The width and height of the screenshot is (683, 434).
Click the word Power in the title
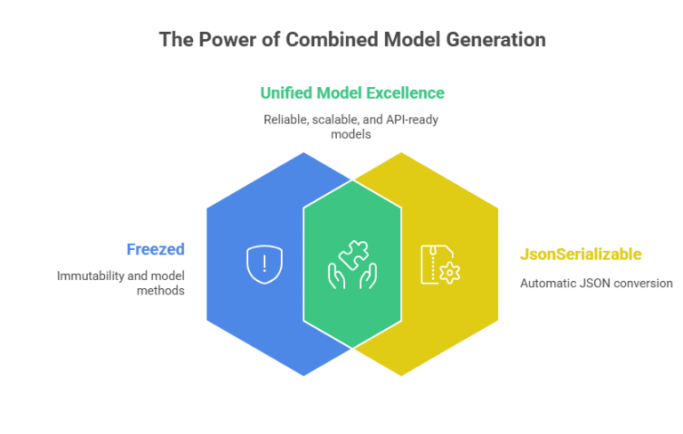point(228,40)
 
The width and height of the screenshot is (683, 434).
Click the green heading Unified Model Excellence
point(352,92)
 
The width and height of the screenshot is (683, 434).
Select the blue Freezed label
point(156,249)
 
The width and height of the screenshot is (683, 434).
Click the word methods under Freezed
point(161,291)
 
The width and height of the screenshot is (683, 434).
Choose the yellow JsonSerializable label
point(581,254)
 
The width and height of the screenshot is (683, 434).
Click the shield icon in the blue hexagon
point(264,264)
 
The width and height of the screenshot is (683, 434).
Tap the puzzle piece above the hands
point(354,254)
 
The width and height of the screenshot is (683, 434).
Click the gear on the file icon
point(449,273)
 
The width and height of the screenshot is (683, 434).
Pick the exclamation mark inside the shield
point(264,263)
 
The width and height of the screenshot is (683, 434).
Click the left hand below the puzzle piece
point(337,277)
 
